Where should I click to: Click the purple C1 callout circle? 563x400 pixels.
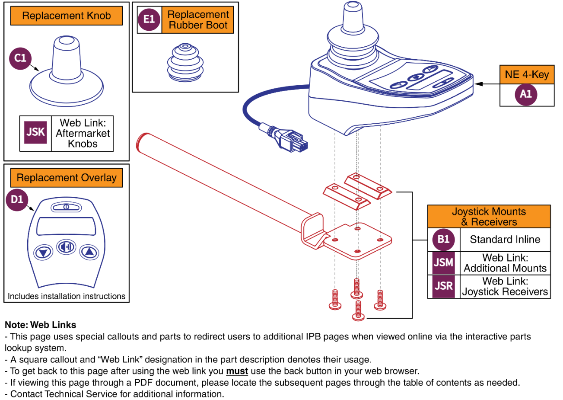tap(20, 58)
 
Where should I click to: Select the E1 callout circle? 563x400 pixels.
tap(149, 19)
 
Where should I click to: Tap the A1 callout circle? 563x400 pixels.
tap(526, 94)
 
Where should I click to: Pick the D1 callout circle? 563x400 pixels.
tap(17, 200)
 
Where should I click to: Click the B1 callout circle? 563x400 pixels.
tap(443, 240)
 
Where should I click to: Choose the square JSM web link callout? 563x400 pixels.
tap(443, 263)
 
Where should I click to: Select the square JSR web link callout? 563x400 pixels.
tap(443, 286)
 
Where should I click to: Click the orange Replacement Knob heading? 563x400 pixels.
tap(67, 16)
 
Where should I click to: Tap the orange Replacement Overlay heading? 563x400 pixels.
tap(67, 178)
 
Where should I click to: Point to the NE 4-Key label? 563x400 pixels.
tap(526, 74)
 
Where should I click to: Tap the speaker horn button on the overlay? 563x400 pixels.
tap(66, 247)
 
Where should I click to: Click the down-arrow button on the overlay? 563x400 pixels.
tap(43, 252)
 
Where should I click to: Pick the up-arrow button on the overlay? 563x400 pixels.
tap(89, 252)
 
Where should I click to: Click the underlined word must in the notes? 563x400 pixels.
tap(237, 371)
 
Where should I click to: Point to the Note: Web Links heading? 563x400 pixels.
tap(40, 325)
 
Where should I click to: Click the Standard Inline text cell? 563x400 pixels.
tap(505, 240)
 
